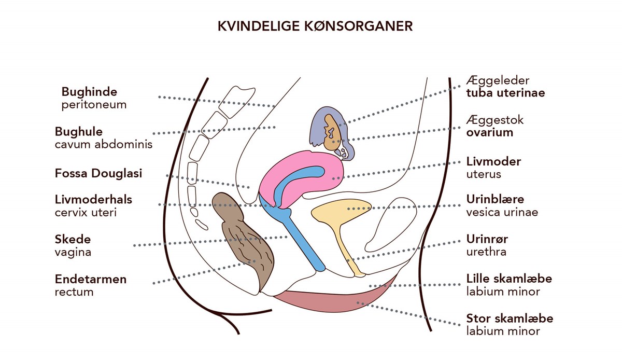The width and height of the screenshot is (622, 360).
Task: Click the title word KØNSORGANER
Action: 358,26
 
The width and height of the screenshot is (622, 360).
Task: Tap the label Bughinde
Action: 89,92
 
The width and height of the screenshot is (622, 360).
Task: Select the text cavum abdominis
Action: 104,145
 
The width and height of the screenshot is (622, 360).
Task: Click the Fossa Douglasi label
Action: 98,173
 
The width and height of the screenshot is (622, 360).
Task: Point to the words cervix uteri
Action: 86,213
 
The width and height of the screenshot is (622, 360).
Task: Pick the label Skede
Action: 73,239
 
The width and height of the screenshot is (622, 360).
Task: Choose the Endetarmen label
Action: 91,279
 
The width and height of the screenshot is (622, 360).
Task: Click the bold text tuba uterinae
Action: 505,93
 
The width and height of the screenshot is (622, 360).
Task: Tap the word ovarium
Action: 489,133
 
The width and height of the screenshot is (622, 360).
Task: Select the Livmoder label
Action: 493,161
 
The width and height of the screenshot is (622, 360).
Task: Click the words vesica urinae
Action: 502,212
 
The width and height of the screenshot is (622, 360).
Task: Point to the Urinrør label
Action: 487,239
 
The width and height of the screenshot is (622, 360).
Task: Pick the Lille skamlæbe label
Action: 509,279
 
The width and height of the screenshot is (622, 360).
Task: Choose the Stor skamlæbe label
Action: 510,319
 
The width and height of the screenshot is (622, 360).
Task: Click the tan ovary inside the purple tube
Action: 332,132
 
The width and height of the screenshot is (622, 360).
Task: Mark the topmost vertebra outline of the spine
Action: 236,102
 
